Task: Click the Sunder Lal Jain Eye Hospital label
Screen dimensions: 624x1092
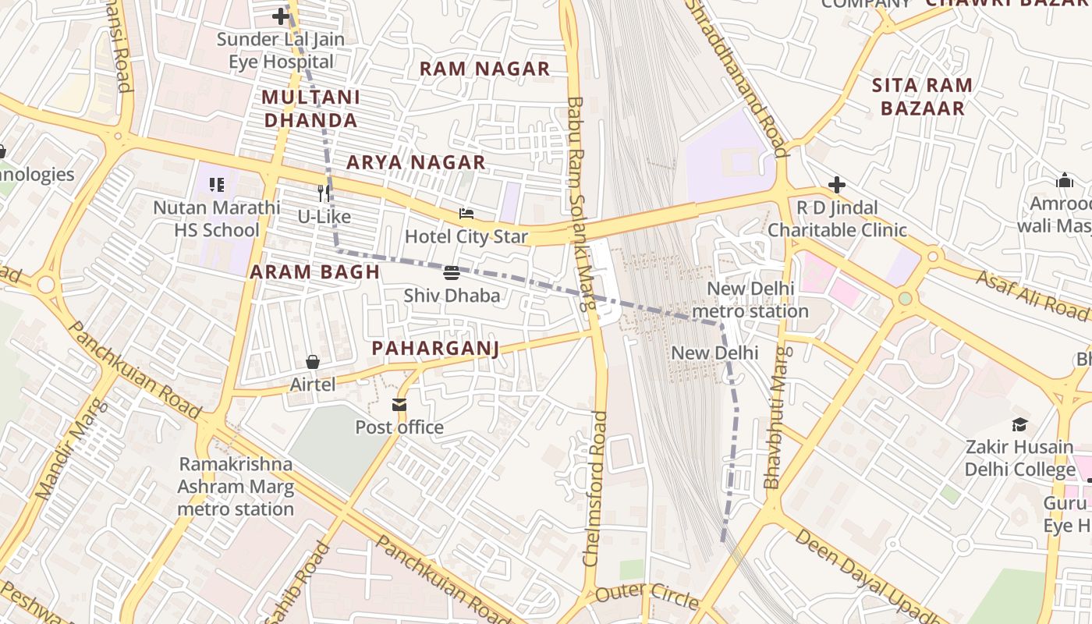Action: point(281,51)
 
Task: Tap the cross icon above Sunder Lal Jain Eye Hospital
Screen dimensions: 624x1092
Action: point(281,16)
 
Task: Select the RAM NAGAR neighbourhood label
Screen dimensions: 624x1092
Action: point(484,69)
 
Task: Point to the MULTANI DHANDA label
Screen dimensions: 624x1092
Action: point(310,108)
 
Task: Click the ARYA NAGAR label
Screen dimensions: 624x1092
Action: point(416,162)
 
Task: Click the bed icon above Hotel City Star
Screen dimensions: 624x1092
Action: point(466,214)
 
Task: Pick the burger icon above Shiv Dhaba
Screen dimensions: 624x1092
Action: point(452,273)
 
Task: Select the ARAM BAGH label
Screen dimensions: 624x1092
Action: point(314,272)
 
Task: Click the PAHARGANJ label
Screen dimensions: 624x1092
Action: point(435,348)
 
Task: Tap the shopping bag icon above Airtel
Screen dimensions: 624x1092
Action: point(313,362)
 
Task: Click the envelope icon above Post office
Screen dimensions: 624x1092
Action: point(399,405)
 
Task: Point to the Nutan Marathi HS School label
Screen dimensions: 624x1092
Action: point(216,219)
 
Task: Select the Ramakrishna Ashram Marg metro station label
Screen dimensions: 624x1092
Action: point(236,487)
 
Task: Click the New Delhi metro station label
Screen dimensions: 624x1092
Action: point(750,300)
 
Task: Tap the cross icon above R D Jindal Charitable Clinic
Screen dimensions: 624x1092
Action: point(837,185)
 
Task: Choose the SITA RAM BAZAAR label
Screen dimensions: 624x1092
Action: point(922,97)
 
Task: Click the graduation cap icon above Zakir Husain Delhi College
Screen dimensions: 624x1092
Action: point(1019,425)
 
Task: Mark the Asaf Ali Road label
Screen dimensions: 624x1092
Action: point(1032,295)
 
